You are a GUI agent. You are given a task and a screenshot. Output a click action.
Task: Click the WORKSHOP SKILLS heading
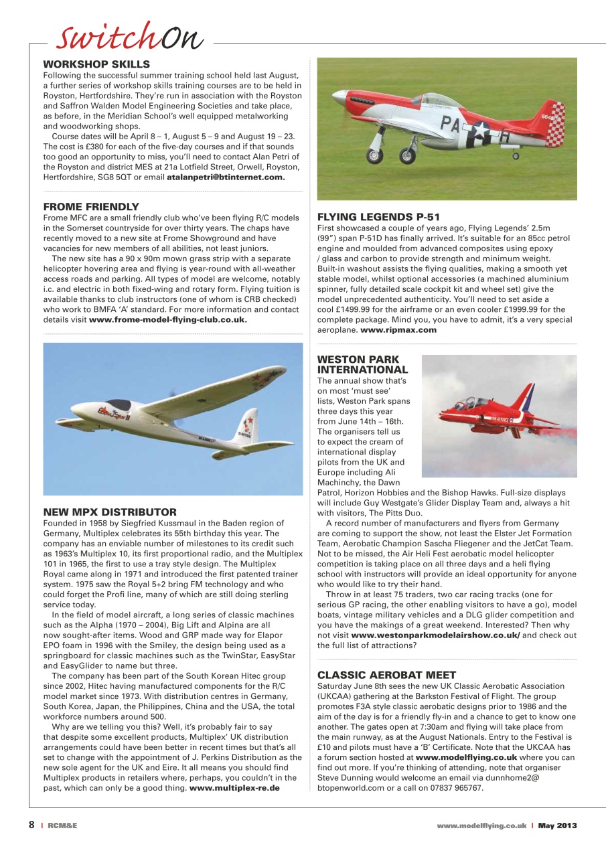96,64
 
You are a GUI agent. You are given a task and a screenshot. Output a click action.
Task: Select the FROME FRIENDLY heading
91,206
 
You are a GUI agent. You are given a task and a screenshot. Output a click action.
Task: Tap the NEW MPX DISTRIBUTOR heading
110,512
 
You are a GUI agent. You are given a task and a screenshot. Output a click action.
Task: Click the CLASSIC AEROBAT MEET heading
386,674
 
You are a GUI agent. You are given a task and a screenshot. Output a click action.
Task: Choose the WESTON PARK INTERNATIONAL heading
362,364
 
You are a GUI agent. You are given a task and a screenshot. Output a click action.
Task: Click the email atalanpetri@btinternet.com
226,177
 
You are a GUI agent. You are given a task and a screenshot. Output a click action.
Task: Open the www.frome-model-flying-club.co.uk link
168,319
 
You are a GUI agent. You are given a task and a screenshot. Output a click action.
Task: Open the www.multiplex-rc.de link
234,787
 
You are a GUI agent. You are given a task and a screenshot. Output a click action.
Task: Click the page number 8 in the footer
31,826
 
